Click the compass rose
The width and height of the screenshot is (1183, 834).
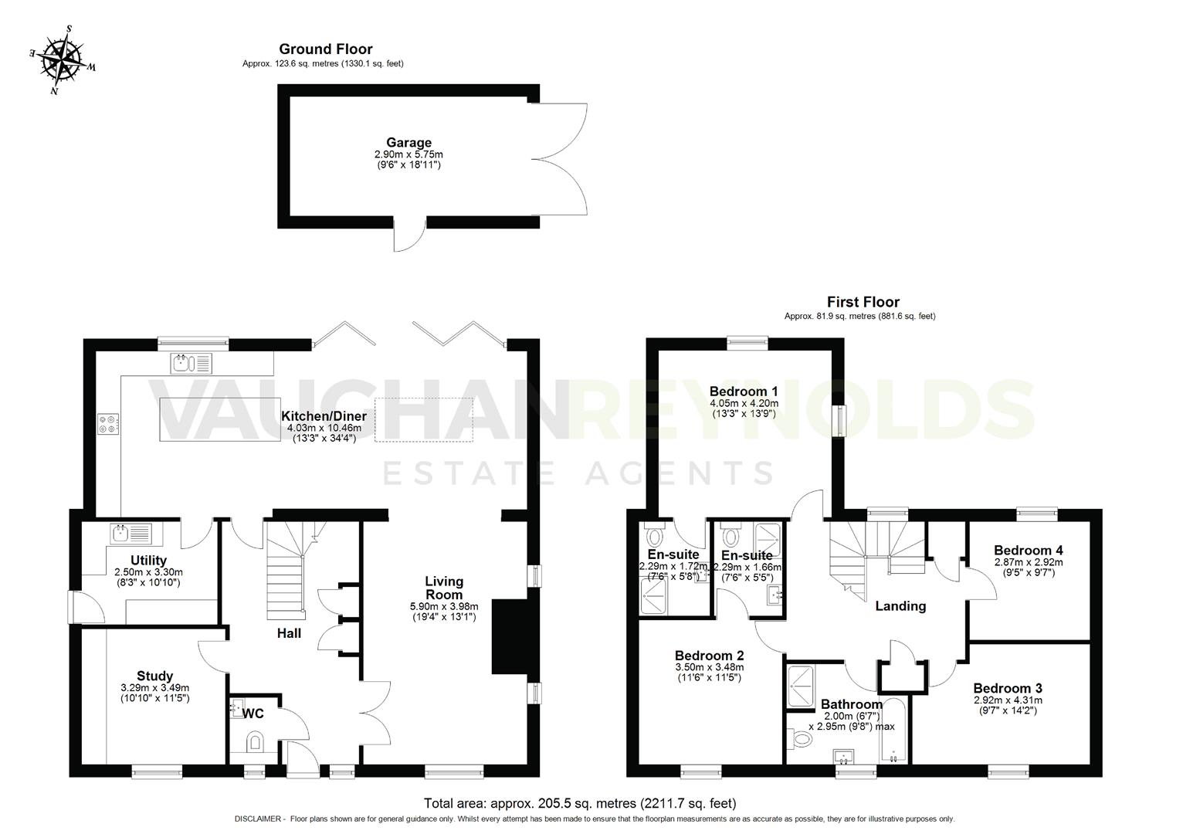click(63, 61)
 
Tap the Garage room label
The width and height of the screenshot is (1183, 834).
click(408, 143)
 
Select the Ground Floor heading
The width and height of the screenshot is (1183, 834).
click(326, 49)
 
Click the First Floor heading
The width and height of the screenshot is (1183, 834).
click(863, 302)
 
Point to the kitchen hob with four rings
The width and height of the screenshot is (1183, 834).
click(108, 423)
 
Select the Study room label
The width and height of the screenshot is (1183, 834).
click(154, 676)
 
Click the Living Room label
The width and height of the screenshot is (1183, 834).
click(444, 588)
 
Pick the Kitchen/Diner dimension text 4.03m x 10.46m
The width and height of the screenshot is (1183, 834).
click(324, 428)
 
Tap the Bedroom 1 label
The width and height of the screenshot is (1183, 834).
click(744, 392)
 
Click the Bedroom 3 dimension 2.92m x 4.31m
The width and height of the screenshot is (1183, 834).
click(1007, 700)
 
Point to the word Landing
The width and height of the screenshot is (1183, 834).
click(900, 606)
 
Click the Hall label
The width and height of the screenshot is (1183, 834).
click(290, 633)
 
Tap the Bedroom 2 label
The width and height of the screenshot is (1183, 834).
click(709, 656)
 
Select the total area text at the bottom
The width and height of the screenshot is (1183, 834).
click(580, 803)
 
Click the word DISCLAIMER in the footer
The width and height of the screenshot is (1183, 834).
click(259, 819)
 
